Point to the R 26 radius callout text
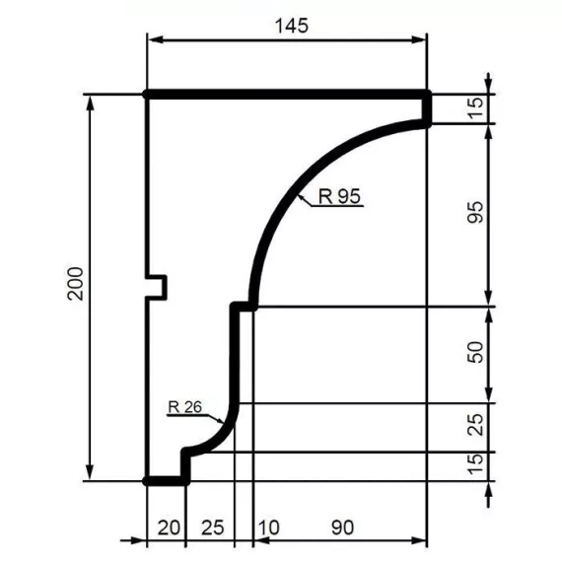[x=185, y=405]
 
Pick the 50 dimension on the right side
[x=475, y=354]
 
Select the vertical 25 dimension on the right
[x=475, y=427]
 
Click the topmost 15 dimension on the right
[x=475, y=107]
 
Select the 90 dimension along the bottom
[x=341, y=528]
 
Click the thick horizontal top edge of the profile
[x=286, y=94]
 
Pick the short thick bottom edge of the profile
[x=166, y=481]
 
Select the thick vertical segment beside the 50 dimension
[x=237, y=355]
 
